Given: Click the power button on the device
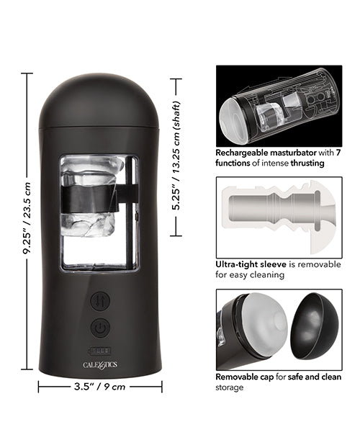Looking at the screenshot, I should click(100, 328).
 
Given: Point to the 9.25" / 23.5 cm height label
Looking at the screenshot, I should click(27, 220).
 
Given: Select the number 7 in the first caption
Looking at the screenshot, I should click(337, 153).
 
